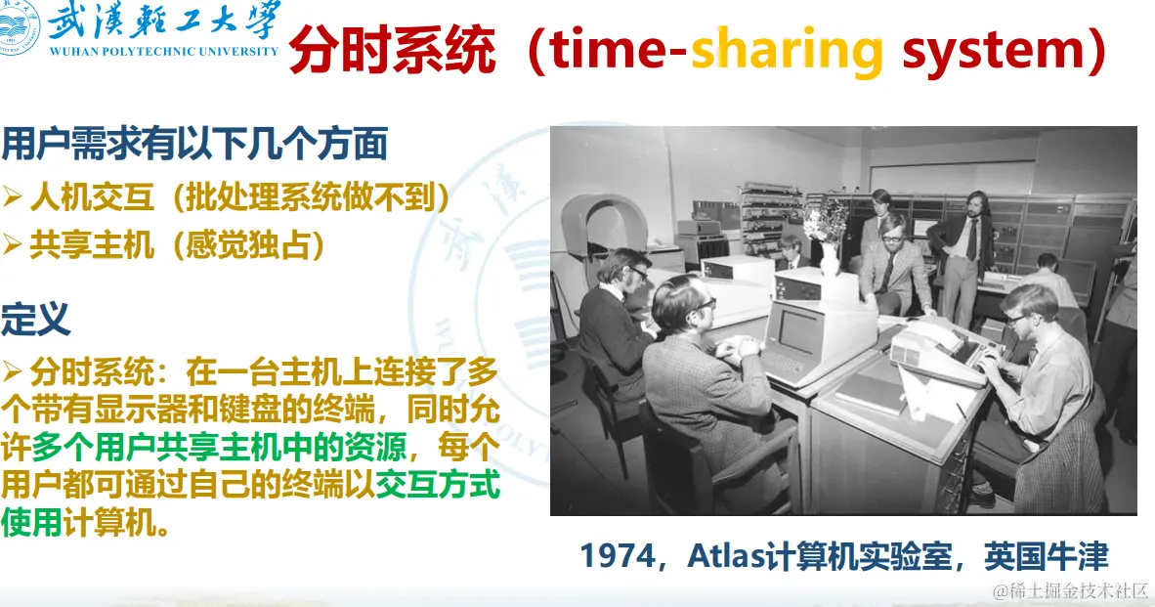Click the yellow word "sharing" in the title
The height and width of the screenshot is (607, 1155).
(x=787, y=51)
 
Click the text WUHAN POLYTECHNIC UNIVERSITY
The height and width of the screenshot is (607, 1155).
(x=163, y=52)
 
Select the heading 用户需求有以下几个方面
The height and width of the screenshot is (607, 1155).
(x=194, y=144)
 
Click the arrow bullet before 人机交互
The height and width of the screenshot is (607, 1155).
(x=11, y=196)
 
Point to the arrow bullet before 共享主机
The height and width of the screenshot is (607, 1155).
(x=11, y=244)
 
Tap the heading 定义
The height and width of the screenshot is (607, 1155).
(x=35, y=319)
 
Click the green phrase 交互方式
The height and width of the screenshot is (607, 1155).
(x=439, y=485)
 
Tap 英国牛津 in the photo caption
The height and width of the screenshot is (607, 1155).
(x=1046, y=556)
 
